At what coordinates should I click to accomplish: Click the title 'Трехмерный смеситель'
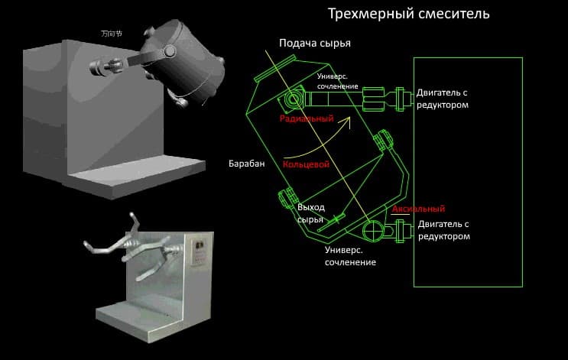coord(408,14)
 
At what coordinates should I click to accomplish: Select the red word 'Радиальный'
coord(307,118)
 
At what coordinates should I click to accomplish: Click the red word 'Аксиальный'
coord(418,209)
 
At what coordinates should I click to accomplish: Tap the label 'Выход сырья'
coord(311,213)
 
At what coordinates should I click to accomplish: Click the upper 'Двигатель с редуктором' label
coord(443,99)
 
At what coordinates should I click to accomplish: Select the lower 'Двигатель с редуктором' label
coord(443,230)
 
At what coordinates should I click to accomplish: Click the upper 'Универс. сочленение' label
coord(337,82)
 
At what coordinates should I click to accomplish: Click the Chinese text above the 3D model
coord(112,34)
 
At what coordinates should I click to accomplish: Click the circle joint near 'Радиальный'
coord(292,99)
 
